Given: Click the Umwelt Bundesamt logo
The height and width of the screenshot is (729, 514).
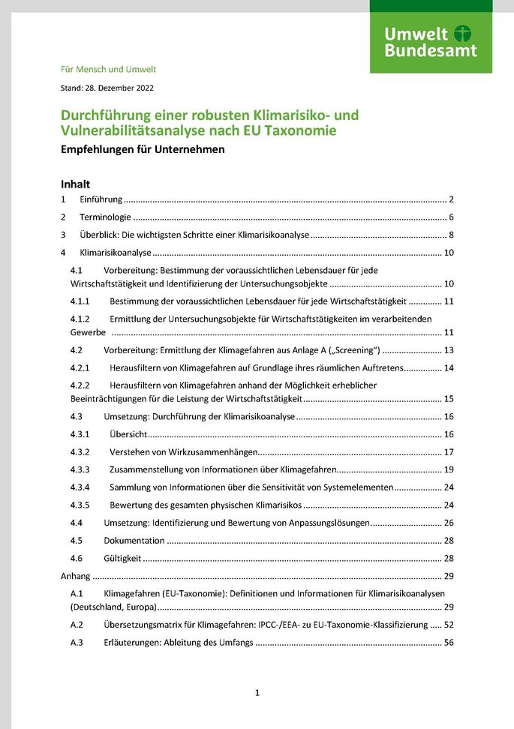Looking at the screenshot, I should (x=431, y=42).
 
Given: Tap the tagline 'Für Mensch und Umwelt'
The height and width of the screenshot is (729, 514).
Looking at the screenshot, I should (x=108, y=69).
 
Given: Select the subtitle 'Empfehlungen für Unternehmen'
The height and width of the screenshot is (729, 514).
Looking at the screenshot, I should (x=143, y=148).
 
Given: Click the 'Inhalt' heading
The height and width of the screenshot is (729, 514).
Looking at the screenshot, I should (x=75, y=183).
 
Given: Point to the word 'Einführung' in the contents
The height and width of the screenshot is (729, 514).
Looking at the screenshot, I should (x=101, y=199).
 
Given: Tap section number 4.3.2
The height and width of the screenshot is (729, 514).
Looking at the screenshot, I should (x=80, y=452).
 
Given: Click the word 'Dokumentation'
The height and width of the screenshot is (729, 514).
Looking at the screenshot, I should (x=134, y=541).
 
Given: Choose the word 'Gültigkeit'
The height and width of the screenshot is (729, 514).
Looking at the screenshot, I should (x=122, y=559).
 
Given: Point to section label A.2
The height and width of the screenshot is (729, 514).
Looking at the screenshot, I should (x=77, y=625).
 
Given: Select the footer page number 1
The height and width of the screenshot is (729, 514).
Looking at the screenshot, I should (x=257, y=693).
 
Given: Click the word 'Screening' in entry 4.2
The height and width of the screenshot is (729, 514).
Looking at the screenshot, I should (x=355, y=350).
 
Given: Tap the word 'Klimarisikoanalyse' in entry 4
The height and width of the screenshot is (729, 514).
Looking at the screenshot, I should (x=116, y=253).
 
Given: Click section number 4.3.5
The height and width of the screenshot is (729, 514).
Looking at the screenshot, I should (x=80, y=505).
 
